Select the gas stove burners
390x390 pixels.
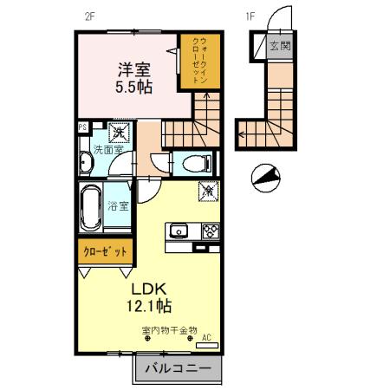tap(211, 231)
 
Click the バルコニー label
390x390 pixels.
tap(177, 368)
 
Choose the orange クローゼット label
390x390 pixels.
tap(104, 251)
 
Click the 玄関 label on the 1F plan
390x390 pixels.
tap(279, 47)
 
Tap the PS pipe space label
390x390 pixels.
tap(82, 128)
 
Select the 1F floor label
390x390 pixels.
tap(250, 15)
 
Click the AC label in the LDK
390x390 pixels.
tap(206, 338)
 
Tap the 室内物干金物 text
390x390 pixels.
tap(169, 330)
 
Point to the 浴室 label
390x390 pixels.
tap(119, 206)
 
